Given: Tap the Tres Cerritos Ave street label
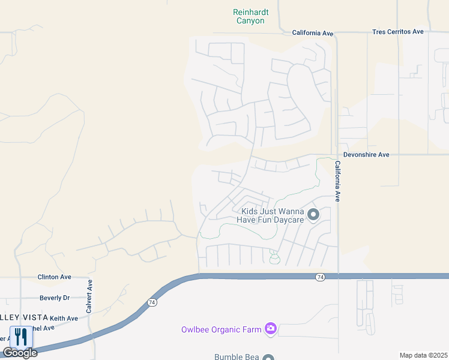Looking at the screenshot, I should pos(397,32).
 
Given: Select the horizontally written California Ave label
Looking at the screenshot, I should pos(312,34).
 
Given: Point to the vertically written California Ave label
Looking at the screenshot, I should pos(338,181).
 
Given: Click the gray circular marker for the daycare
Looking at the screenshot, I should pos(313,214).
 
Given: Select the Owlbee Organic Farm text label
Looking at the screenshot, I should pos(221,329).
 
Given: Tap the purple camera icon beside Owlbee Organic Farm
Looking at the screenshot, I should pos(271,328).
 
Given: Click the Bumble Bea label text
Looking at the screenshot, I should pos(237,356).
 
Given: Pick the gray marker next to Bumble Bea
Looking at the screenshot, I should pos(268,356).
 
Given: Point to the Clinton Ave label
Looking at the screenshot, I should pos(54,277).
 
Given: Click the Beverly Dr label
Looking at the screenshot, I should pos(54,298).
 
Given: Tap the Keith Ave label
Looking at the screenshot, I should pos(64,319).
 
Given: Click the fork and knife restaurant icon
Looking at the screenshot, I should pos(22,336).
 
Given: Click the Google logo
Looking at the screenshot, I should pos(20,353).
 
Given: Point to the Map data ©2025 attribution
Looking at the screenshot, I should pos(423,355).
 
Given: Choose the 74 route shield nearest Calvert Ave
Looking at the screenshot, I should pos(152,302).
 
